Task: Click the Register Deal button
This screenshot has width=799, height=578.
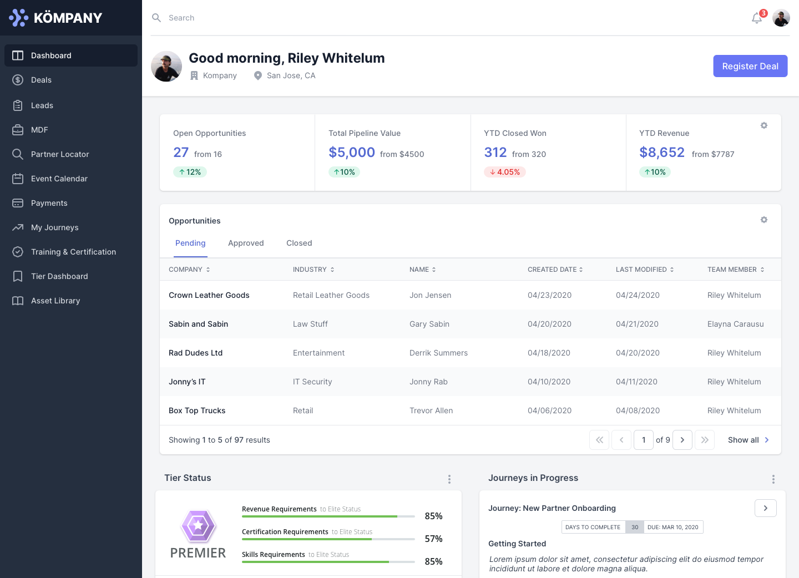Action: click(x=750, y=66)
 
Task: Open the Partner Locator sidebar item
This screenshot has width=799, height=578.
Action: click(x=60, y=154)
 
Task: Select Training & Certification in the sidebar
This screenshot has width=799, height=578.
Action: click(x=73, y=252)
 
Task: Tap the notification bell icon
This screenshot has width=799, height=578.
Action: click(x=757, y=18)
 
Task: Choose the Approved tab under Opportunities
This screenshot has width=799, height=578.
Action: click(x=246, y=243)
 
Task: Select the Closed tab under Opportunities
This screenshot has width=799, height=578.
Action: click(x=299, y=243)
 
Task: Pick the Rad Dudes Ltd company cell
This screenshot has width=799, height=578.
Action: click(x=195, y=353)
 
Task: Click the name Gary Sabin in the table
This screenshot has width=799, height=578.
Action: click(x=429, y=324)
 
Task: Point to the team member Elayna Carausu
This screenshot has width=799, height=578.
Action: click(x=735, y=324)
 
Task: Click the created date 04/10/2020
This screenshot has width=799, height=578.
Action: click(x=549, y=382)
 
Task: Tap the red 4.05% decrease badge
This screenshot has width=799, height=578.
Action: click(x=505, y=172)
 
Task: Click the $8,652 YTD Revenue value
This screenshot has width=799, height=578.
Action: click(x=662, y=153)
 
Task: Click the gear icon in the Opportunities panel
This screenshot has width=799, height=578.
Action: click(x=764, y=220)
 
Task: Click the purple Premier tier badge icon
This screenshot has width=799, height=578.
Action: click(x=198, y=526)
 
